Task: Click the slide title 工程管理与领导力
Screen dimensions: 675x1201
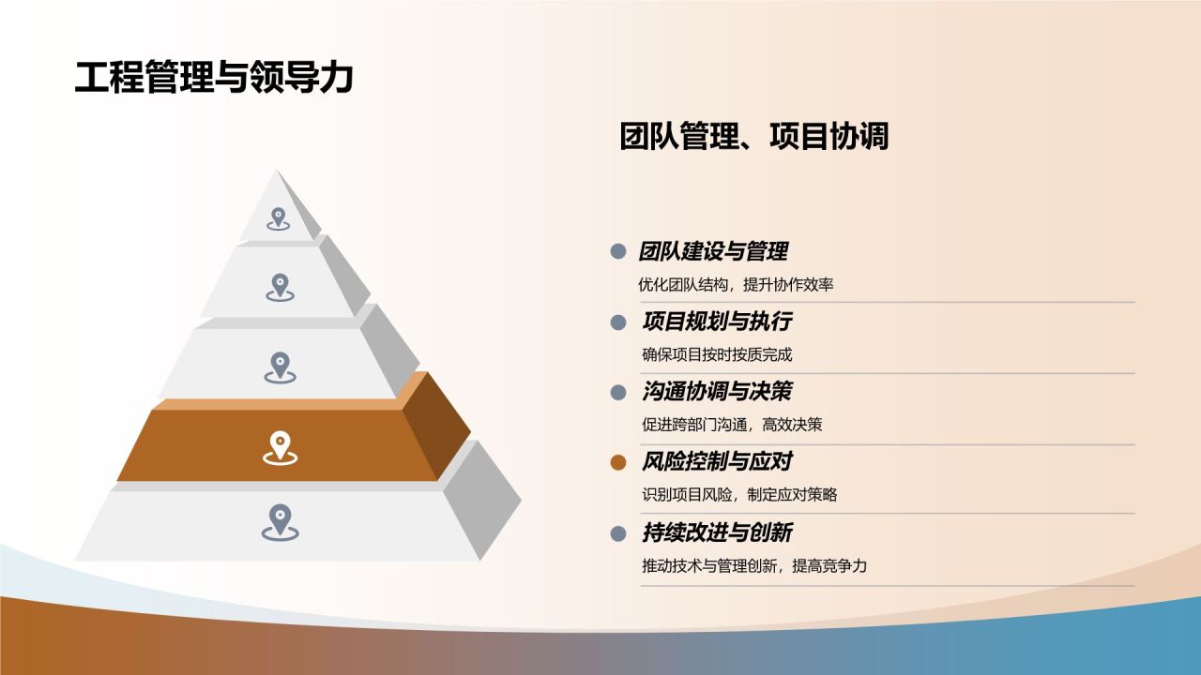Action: (x=214, y=78)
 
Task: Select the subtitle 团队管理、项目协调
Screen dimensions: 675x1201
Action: (x=753, y=137)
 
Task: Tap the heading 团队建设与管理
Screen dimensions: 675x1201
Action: (x=713, y=251)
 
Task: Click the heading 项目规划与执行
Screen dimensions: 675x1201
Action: (x=717, y=322)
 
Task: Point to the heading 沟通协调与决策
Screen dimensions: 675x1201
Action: (x=717, y=392)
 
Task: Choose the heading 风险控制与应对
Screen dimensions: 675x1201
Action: (x=717, y=461)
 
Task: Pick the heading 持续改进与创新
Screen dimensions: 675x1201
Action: (x=717, y=532)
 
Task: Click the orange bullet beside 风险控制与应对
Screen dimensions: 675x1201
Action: (x=617, y=462)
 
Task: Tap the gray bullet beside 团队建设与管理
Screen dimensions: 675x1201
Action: (x=617, y=251)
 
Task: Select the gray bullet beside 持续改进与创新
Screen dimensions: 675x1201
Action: (x=617, y=533)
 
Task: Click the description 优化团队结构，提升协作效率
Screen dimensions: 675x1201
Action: (x=736, y=285)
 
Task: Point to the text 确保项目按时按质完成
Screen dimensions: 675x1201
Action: (x=717, y=354)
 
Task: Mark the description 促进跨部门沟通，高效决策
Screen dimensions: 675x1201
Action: (x=732, y=425)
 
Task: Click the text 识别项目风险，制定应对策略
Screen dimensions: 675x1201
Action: (x=739, y=495)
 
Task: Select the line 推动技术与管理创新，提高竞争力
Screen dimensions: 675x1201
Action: (x=754, y=566)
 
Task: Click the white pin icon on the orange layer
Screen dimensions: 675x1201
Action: (x=280, y=447)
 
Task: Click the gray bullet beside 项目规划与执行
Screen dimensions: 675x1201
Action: (x=617, y=322)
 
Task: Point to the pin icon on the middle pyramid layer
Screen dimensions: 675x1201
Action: (x=280, y=367)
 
